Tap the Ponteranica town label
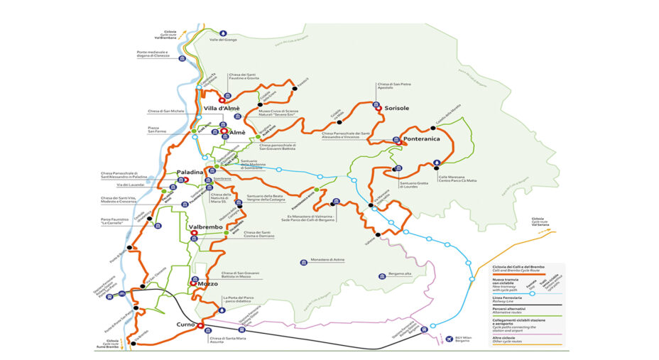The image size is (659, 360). pyautogui.click(x=422, y=139)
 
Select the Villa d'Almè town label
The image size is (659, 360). pyautogui.click(x=222, y=109)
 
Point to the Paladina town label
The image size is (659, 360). pyautogui.click(x=190, y=172)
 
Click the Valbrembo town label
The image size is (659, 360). pyautogui.click(x=207, y=227)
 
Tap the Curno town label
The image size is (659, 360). pyautogui.click(x=185, y=324)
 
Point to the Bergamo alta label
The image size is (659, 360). pyautogui.click(x=396, y=275)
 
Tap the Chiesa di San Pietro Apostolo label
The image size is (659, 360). pyautogui.click(x=394, y=87)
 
